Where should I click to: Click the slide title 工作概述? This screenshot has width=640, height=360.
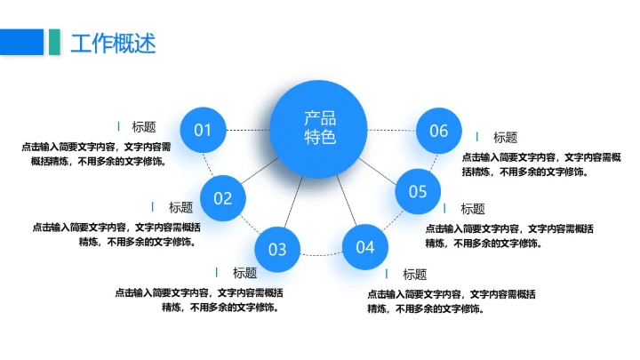click(x=113, y=42)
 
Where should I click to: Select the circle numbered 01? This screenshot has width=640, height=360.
click(x=204, y=131)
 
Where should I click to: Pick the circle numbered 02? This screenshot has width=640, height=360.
click(x=222, y=197)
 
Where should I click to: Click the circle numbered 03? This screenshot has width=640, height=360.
click(x=277, y=249)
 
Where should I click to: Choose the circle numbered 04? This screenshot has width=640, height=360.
click(x=365, y=247)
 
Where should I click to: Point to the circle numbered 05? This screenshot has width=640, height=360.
click(x=418, y=191)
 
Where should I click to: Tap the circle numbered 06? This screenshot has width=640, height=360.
click(x=439, y=131)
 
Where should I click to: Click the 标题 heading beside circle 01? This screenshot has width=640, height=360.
click(x=144, y=127)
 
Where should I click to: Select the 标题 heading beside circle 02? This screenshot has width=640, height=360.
click(x=180, y=207)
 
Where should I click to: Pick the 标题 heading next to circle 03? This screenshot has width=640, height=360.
click(x=244, y=273)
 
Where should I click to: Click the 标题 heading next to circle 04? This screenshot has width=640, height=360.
click(x=414, y=274)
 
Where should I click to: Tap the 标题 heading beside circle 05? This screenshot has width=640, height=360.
click(x=473, y=209)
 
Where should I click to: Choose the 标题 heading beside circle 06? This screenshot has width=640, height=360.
click(x=505, y=137)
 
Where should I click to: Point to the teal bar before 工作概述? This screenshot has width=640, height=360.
click(x=54, y=42)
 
